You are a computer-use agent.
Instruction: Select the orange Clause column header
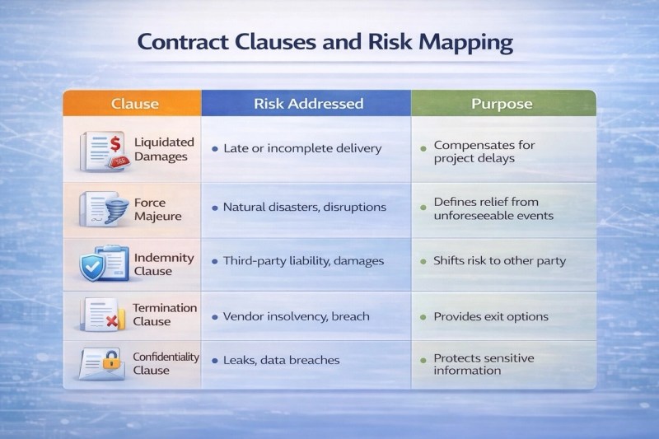point(133,103)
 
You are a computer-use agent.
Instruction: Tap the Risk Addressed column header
point(306,103)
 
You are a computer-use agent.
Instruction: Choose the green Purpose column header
point(503,103)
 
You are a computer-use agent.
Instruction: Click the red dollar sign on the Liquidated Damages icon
point(115,144)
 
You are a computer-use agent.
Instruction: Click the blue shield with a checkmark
point(92,266)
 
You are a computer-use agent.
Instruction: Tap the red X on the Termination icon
point(112,321)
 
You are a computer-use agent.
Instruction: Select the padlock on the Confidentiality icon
point(111,360)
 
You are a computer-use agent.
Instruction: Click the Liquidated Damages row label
point(164,149)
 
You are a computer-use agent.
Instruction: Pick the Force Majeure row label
point(157,209)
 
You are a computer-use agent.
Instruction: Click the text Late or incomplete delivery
point(302,148)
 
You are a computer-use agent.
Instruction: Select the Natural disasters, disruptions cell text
point(304,207)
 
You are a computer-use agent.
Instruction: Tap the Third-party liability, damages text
point(303,261)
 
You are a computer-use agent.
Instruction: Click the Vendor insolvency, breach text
point(297,316)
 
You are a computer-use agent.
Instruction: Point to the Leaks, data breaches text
point(281,360)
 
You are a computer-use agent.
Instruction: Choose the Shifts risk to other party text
point(500,261)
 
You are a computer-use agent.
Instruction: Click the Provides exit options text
point(491,316)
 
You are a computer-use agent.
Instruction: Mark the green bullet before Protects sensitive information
point(423,360)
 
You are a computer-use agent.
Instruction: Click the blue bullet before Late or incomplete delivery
point(215,149)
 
